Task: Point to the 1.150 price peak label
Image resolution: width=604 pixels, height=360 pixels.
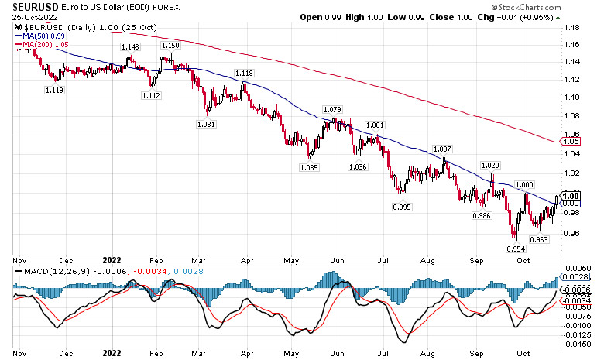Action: click(x=170, y=46)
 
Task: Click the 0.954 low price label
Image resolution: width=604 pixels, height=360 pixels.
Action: click(x=516, y=249)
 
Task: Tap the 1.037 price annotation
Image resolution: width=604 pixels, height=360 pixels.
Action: click(x=443, y=149)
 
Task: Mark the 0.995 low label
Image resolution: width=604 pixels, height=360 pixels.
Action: click(x=401, y=207)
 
